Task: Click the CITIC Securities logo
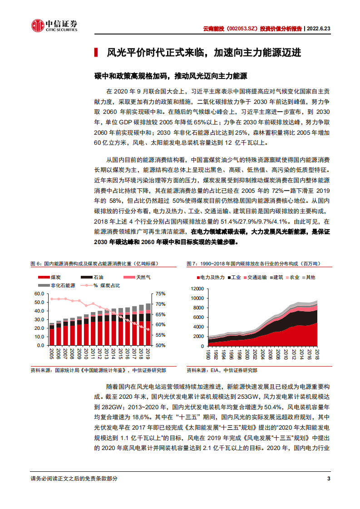[54, 26]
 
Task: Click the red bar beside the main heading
[96, 53]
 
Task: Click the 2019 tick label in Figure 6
[148, 353]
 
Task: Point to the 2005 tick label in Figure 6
[52, 353]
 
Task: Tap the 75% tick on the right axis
[162, 294]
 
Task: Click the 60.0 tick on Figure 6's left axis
[39, 294]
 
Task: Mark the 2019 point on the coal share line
[148, 329]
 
